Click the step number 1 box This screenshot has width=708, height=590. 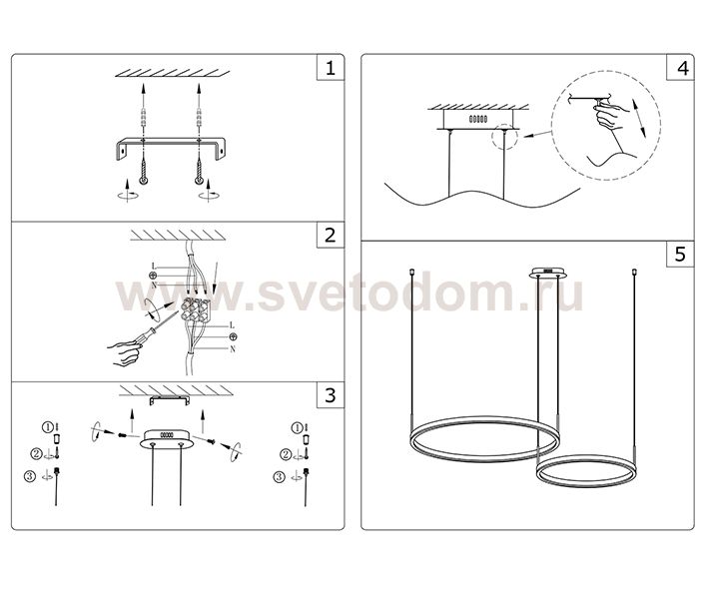(331, 68)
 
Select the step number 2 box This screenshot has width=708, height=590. (331, 236)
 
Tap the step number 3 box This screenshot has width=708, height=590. (331, 395)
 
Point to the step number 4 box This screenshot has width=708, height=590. (680, 68)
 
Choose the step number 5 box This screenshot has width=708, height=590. (680, 255)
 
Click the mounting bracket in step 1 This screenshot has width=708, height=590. (171, 147)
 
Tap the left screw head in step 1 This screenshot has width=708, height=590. (143, 180)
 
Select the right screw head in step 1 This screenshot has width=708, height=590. (199, 180)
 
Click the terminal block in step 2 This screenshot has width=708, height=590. (196, 309)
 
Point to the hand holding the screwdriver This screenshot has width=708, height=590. (124, 353)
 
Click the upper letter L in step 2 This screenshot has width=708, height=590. (154, 267)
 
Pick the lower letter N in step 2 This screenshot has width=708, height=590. (233, 349)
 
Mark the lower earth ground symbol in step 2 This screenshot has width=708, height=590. (233, 336)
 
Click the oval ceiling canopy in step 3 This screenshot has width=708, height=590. (167, 439)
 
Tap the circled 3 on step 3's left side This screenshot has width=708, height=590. (30, 476)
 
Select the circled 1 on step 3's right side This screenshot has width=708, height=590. (297, 427)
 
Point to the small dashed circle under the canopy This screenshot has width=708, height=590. (504, 137)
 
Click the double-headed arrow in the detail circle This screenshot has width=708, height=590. (638, 118)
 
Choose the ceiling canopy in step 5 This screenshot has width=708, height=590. (548, 273)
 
